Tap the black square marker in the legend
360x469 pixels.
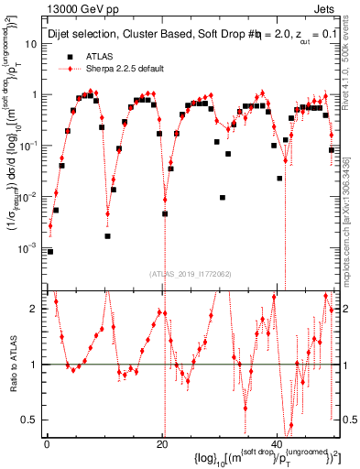tap(65, 56)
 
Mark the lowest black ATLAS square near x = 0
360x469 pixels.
tap(51, 250)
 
